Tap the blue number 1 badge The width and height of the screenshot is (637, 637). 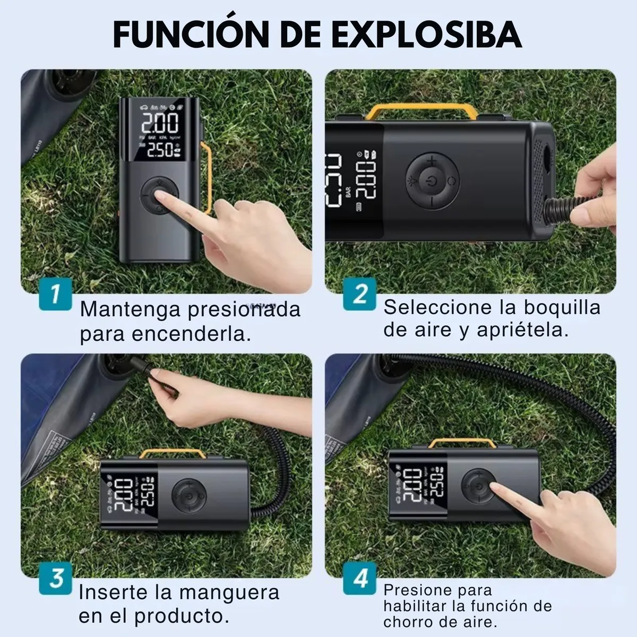[x=55, y=294]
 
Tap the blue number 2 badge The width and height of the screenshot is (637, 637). [x=360, y=294]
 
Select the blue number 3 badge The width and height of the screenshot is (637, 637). [x=55, y=578]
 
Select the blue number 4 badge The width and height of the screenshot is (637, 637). [x=360, y=578]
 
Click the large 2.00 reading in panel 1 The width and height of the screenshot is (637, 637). [x=159, y=124]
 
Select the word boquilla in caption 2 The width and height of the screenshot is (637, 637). [x=562, y=307]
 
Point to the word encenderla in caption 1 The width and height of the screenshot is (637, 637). [x=191, y=334]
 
